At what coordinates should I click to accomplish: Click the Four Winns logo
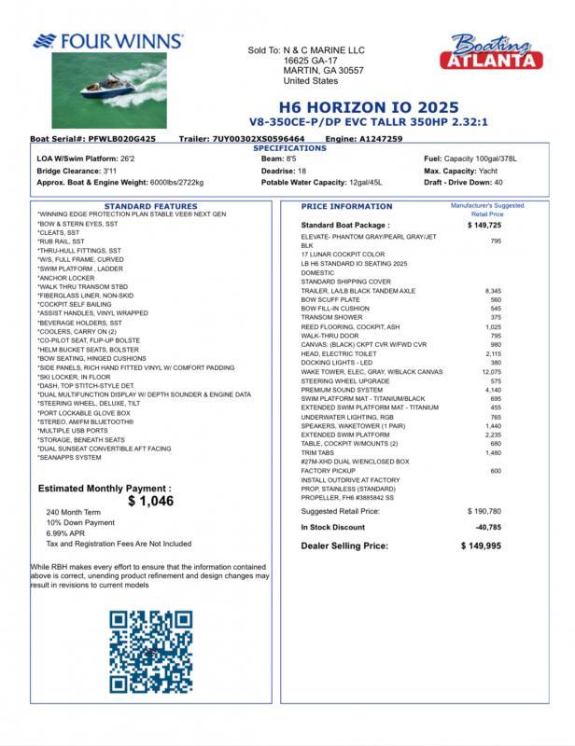click(x=108, y=42)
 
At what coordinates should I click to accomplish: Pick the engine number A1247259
click(x=381, y=138)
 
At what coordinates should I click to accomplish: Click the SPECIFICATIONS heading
click(x=290, y=148)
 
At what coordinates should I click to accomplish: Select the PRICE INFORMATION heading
click(x=347, y=206)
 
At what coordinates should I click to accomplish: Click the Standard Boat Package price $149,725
click(x=484, y=225)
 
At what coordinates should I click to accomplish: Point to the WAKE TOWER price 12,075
click(x=490, y=372)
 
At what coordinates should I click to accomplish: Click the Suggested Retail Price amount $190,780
click(x=484, y=511)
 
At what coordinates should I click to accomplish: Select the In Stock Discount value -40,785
click(x=488, y=528)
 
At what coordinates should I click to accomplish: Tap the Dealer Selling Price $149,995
click(x=482, y=546)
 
